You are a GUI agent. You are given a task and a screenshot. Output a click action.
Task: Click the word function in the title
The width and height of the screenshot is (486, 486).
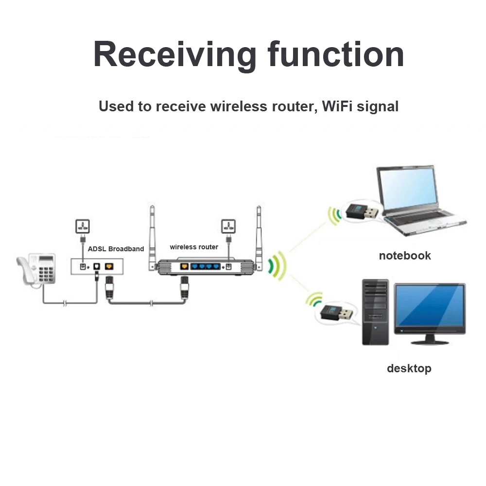click(x=336, y=54)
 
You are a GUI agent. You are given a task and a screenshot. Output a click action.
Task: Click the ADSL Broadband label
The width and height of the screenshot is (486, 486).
click(x=116, y=249)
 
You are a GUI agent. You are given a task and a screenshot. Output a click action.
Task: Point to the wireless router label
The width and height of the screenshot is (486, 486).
click(x=194, y=247)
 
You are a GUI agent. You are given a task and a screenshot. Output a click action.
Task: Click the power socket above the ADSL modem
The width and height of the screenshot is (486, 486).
click(x=82, y=226)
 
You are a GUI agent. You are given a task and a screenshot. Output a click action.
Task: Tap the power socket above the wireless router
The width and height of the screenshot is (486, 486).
click(x=228, y=226)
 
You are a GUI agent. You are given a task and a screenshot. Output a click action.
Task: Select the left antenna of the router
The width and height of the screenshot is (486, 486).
click(x=152, y=233)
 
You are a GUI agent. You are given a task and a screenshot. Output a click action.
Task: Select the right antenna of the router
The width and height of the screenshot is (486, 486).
click(x=259, y=233)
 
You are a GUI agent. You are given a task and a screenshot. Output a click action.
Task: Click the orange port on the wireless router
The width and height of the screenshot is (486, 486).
click(x=184, y=266)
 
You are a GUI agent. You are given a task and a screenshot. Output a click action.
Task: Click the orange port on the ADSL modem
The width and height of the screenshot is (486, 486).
click(x=109, y=266)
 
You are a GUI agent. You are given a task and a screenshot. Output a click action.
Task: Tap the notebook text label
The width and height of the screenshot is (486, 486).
click(x=405, y=256)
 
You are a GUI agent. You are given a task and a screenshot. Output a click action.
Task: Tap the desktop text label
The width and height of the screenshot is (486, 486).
click(x=409, y=368)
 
